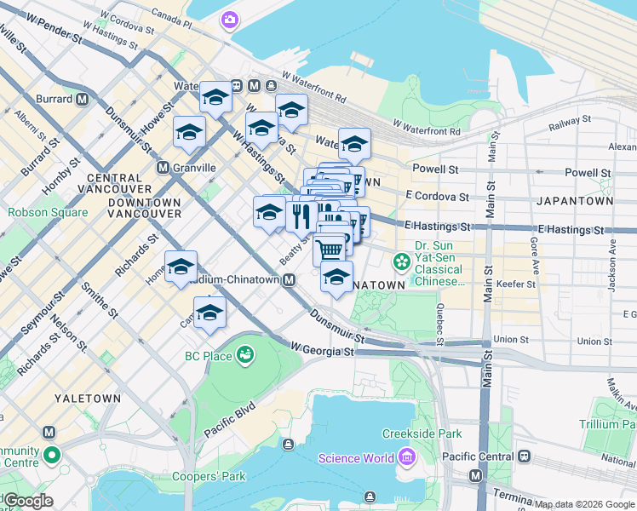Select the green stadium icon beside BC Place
[x=245, y=353]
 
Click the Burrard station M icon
[x=83, y=99]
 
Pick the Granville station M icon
[x=163, y=168]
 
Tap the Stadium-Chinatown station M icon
[x=290, y=279]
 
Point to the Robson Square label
[x=48, y=213]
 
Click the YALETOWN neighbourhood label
[x=78, y=398]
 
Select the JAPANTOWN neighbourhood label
[x=575, y=201]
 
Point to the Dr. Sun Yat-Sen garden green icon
[x=400, y=260]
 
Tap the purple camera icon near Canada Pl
[x=230, y=20]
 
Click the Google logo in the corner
[x=27, y=501]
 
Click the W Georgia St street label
[x=321, y=349]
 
